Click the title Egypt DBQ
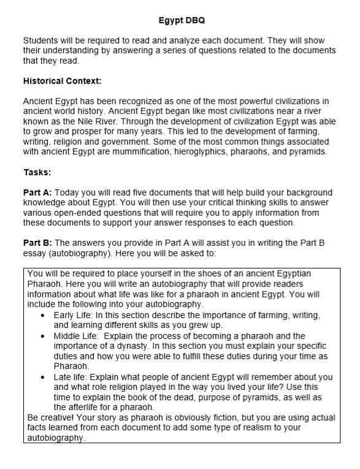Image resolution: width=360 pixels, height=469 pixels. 180,20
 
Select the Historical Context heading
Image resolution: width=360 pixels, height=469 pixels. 62,81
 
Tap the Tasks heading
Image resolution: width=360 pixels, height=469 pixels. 37,172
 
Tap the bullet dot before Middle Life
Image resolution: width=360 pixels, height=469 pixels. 42,336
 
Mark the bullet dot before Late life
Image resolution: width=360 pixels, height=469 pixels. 42,376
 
